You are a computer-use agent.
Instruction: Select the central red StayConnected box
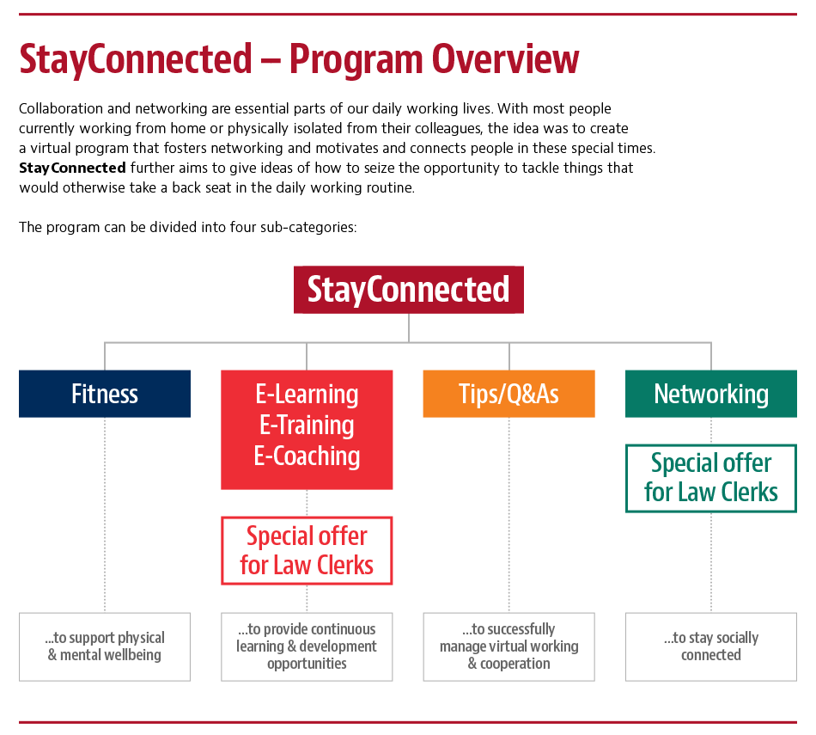pos(408,290)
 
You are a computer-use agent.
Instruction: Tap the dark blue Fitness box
pos(105,394)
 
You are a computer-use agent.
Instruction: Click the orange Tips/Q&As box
pos(508,394)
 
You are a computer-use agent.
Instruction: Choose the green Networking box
pos(710,394)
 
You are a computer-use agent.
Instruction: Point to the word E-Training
pos(307,426)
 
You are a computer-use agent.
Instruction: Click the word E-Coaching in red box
pos(307,456)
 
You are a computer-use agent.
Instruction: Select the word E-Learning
pos(307,395)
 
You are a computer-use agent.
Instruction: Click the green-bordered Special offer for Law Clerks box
pos(710,478)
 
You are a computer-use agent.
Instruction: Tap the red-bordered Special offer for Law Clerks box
pos(307,551)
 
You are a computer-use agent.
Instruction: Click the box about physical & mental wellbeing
pos(105,646)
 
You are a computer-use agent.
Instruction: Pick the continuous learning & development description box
pos(307,646)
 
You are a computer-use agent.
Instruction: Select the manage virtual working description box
pos(508,646)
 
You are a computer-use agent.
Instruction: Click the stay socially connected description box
pos(710,646)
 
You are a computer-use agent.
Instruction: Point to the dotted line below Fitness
pos(105,516)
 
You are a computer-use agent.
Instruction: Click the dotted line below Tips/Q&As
pos(508,516)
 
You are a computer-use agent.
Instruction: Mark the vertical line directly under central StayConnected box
pos(409,328)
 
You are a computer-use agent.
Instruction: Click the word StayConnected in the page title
pos(136,60)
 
